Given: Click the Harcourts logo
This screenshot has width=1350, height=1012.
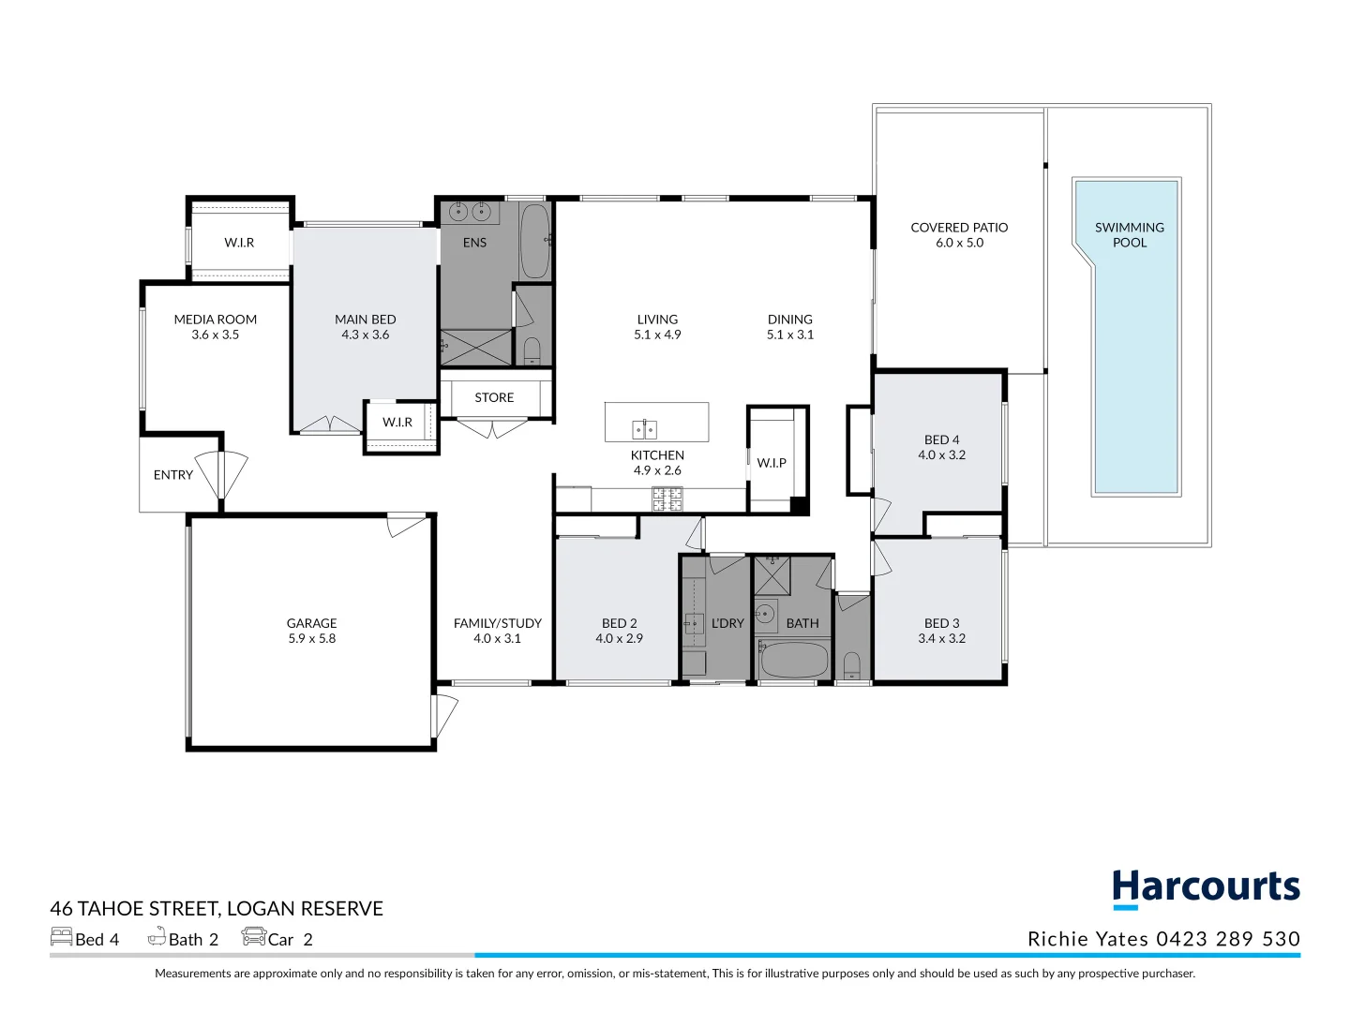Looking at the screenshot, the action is [1206, 888].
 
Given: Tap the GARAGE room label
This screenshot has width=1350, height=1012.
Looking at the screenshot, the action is [312, 623].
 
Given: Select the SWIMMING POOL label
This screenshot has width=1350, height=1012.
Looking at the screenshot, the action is [1129, 234].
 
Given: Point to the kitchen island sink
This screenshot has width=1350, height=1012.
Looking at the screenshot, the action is [644, 429].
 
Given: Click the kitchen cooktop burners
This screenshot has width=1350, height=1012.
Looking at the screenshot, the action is [667, 499].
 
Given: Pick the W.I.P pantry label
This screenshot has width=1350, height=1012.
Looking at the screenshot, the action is [772, 463].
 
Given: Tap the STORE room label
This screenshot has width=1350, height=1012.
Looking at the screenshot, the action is [494, 397].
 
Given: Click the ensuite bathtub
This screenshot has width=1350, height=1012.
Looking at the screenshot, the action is [534, 242].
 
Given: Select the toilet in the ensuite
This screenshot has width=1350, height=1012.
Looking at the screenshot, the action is [532, 350].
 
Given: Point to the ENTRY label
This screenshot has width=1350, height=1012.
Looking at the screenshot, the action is [172, 475].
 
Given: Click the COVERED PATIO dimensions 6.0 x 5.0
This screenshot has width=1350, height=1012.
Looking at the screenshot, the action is [959, 243].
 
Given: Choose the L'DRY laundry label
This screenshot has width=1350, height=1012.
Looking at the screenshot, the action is [727, 623].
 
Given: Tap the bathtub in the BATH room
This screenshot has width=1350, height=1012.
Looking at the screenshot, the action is [793, 660].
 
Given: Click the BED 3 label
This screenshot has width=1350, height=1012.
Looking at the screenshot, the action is [941, 623].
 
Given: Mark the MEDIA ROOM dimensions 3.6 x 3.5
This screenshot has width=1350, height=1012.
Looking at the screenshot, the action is [216, 335].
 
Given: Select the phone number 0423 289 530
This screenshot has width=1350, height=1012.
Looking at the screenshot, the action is [1228, 938].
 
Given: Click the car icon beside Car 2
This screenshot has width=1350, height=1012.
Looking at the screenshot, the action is [253, 936].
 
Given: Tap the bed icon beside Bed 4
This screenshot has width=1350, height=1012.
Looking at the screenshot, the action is [62, 936].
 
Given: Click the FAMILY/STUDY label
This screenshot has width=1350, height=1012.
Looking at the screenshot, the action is [498, 623].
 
